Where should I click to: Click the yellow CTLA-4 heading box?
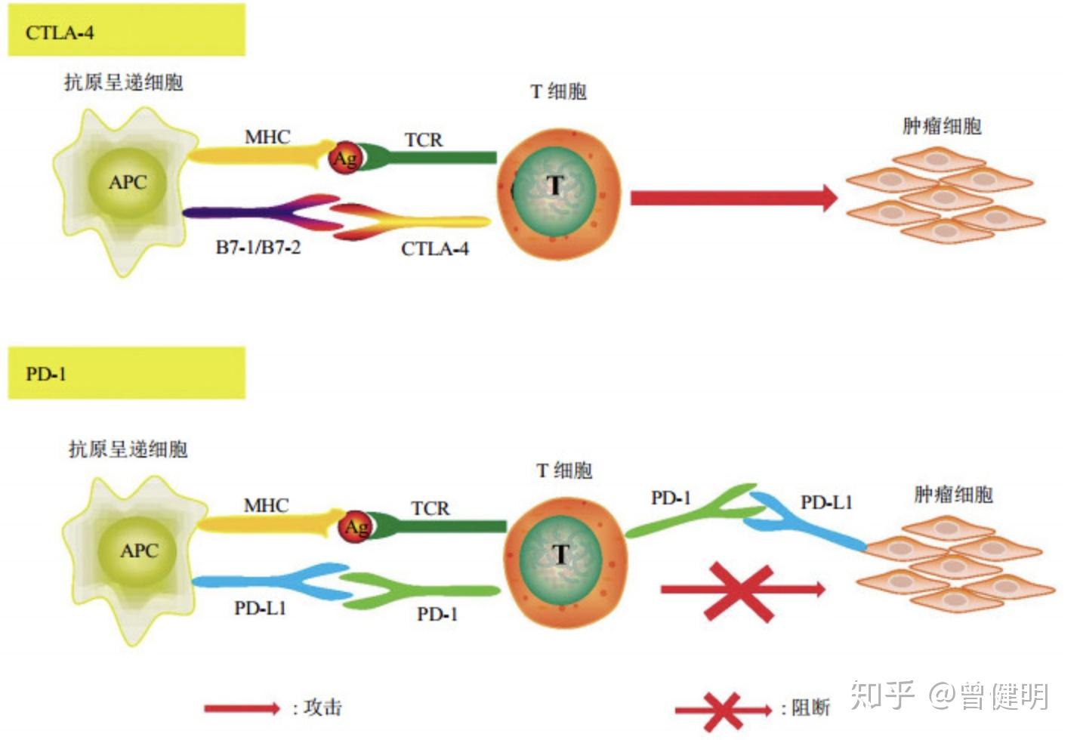coord(126,30)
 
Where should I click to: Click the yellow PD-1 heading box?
coord(126,373)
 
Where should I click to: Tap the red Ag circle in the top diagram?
coord(345,158)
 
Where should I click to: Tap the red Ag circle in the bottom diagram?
coord(355,526)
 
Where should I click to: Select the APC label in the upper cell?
coord(127,182)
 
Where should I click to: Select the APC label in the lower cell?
coord(139,550)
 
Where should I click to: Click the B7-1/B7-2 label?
coord(258,248)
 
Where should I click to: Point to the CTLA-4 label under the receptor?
coord(434,249)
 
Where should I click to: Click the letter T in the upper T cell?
coord(555,185)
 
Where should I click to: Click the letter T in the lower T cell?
coord(560,554)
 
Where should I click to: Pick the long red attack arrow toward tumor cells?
coord(733,198)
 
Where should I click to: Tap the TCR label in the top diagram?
coord(424,140)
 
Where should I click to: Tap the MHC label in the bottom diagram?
coord(266,505)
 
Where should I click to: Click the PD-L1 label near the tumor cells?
coord(825,502)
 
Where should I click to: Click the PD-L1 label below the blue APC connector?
coord(260,608)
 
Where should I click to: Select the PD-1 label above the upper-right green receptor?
coord(671,498)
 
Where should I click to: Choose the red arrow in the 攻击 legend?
coord(242,708)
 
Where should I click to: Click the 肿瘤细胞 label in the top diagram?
coord(942,126)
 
